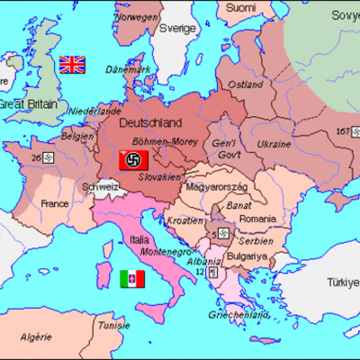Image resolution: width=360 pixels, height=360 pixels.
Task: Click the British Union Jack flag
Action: tap(71, 64)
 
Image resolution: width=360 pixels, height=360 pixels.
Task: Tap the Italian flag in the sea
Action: tap(131, 279)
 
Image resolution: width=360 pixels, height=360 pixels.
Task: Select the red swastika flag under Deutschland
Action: tap(132, 162)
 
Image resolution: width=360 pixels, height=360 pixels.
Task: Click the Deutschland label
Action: tap(150, 123)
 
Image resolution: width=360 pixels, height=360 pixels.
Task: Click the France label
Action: tap(55, 203)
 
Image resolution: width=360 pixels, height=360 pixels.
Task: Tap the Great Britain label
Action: tap(27, 104)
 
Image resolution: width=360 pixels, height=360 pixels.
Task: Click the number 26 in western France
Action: tap(36, 159)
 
